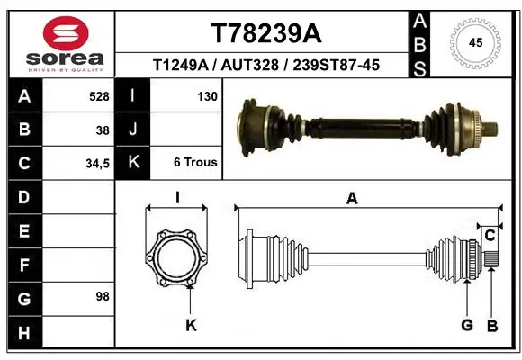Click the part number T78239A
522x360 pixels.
[265, 33]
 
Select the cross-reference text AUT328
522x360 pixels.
[262, 65]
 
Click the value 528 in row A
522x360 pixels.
[99, 96]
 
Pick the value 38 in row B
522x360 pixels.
[103, 130]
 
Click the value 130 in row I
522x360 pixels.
[207, 96]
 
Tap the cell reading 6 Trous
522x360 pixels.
[195, 163]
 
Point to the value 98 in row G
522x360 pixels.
[103, 296]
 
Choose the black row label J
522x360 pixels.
[132, 130]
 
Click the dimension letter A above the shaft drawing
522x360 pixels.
[352, 199]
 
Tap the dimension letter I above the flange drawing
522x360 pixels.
[177, 198]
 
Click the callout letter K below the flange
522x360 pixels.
[191, 325]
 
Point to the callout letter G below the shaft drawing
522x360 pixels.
[466, 325]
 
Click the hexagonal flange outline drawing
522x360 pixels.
[177, 258]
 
